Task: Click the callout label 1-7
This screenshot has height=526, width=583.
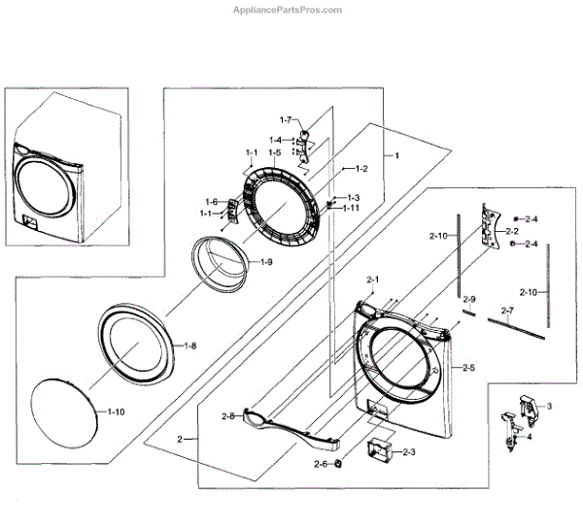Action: point(286,119)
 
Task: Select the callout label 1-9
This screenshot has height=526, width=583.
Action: point(265,262)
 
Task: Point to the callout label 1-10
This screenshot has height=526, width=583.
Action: point(116,412)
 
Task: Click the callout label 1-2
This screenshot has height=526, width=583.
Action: point(360,169)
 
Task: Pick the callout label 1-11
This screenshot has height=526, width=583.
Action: point(351,208)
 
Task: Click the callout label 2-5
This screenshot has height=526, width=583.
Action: point(468,368)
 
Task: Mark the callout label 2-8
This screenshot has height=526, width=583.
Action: point(228,416)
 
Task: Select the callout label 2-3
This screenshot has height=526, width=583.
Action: point(408,452)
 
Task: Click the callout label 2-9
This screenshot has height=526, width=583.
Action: point(468,299)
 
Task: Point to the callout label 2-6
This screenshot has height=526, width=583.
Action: point(320,464)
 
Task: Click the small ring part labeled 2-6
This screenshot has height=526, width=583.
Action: point(338,465)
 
